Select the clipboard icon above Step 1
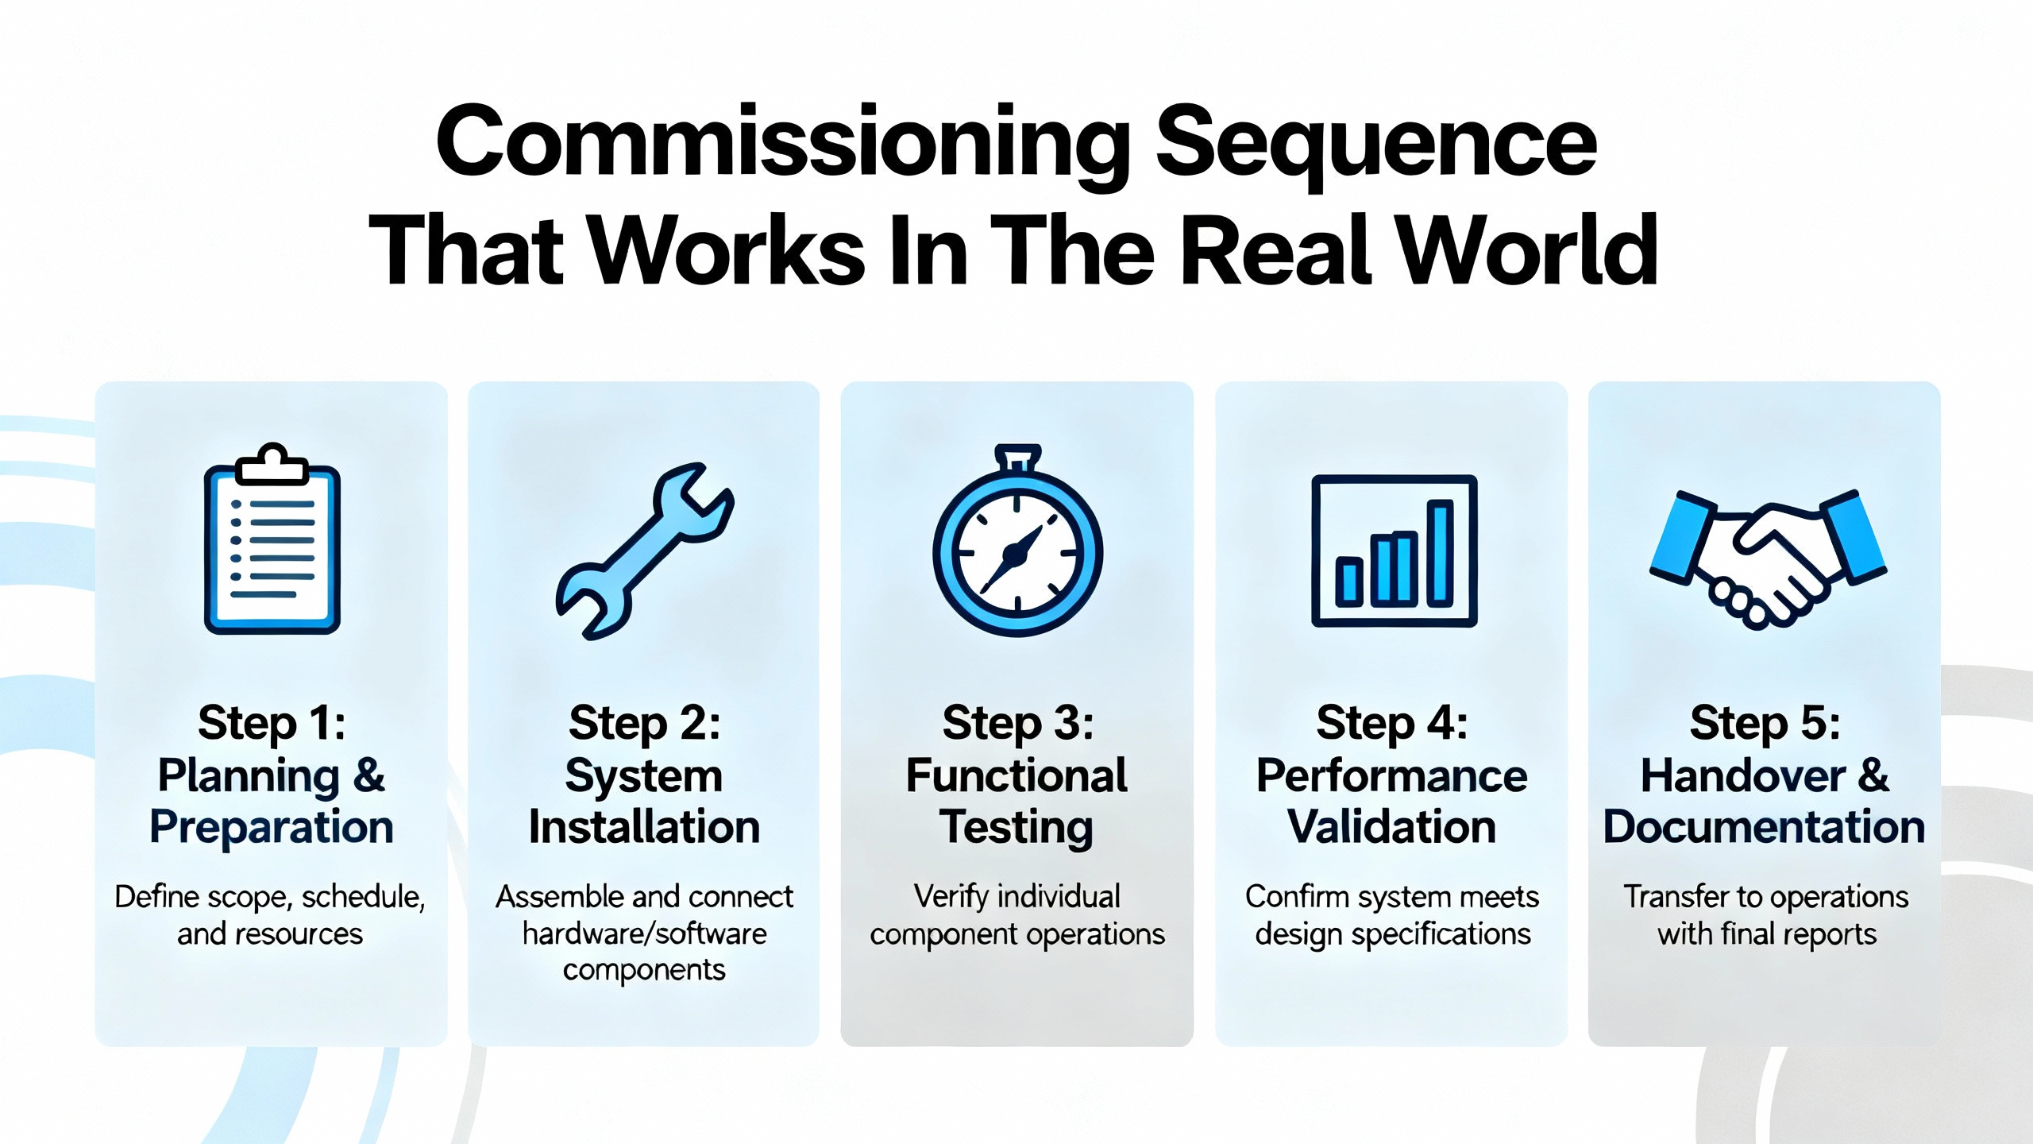point(272,540)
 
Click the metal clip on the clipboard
point(272,465)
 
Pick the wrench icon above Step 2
point(645,551)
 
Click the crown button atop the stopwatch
point(1017,457)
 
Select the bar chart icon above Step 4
point(1394,551)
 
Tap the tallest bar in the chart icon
point(1440,553)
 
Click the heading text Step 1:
point(272,723)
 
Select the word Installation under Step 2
point(644,827)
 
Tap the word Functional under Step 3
point(1016,775)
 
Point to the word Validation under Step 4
point(1391,827)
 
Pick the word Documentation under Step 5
point(1764,827)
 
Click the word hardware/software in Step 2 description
point(644,933)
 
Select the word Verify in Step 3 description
point(951,896)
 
